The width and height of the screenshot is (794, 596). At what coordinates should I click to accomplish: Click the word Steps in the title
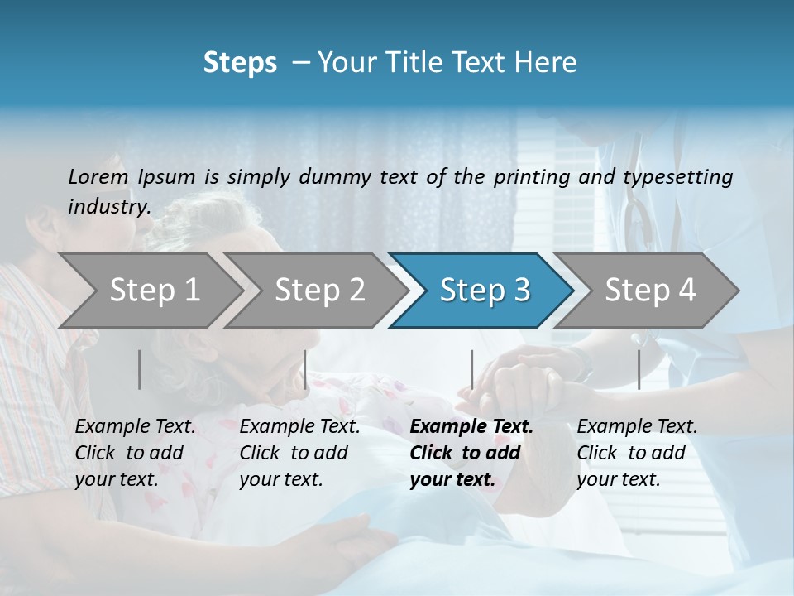point(240,63)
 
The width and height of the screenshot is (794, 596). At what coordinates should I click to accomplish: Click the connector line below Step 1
point(140,369)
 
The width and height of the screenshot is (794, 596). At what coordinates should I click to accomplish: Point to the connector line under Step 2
point(305,369)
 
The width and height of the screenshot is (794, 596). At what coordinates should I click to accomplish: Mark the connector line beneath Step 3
point(471,369)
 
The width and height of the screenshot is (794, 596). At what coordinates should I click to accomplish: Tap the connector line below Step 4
point(639,369)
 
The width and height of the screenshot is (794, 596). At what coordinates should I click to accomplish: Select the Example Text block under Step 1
point(135,453)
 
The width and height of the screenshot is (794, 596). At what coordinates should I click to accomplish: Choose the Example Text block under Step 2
point(299,453)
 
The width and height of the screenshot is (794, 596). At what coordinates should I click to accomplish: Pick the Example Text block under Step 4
point(637,453)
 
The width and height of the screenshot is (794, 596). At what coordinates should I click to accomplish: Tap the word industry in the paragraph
point(108,207)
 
